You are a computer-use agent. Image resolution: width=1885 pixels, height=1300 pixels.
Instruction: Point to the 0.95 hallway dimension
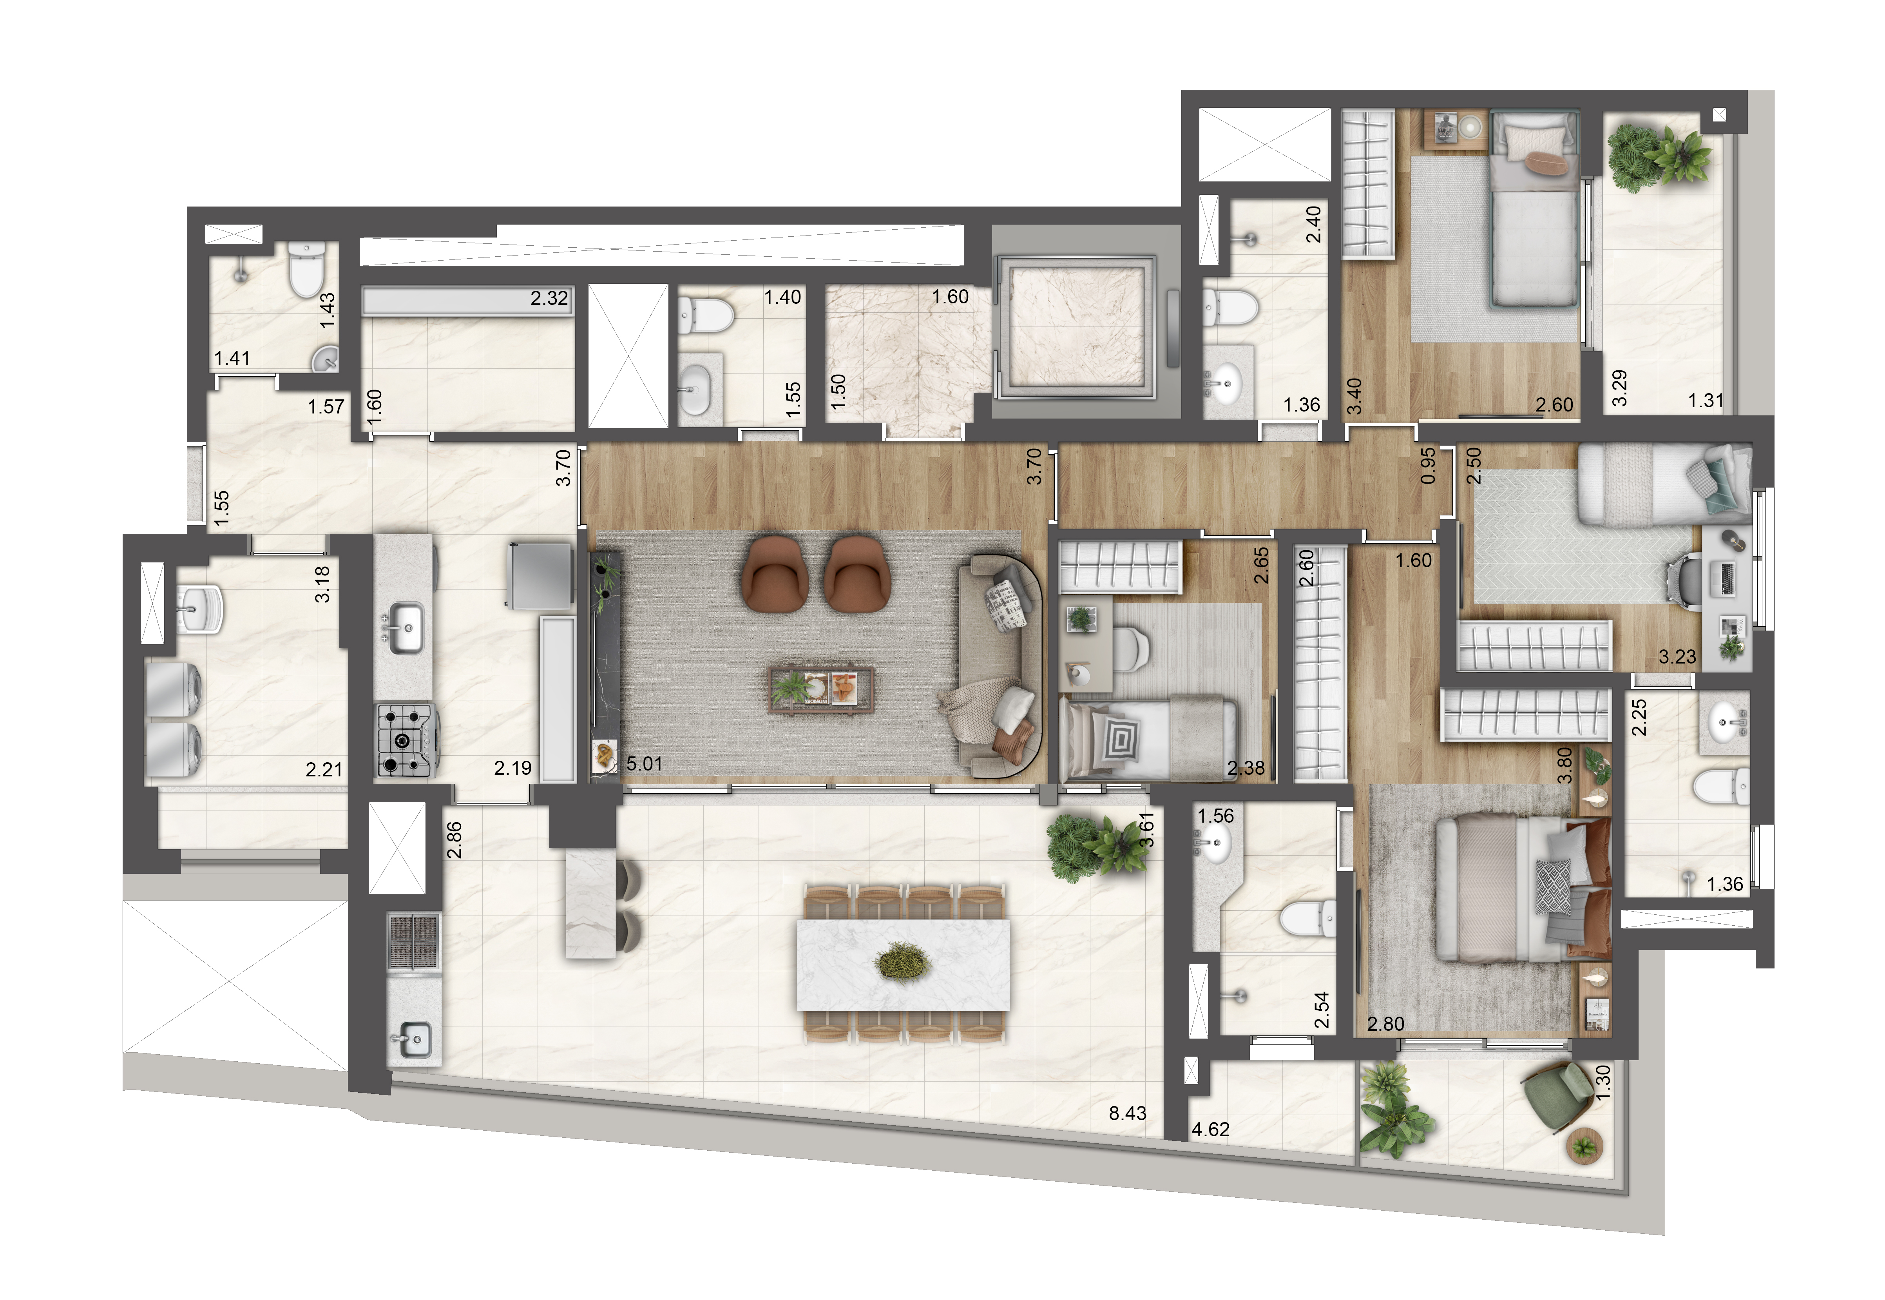1427,467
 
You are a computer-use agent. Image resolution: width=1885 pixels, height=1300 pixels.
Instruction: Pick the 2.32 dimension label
549,298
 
